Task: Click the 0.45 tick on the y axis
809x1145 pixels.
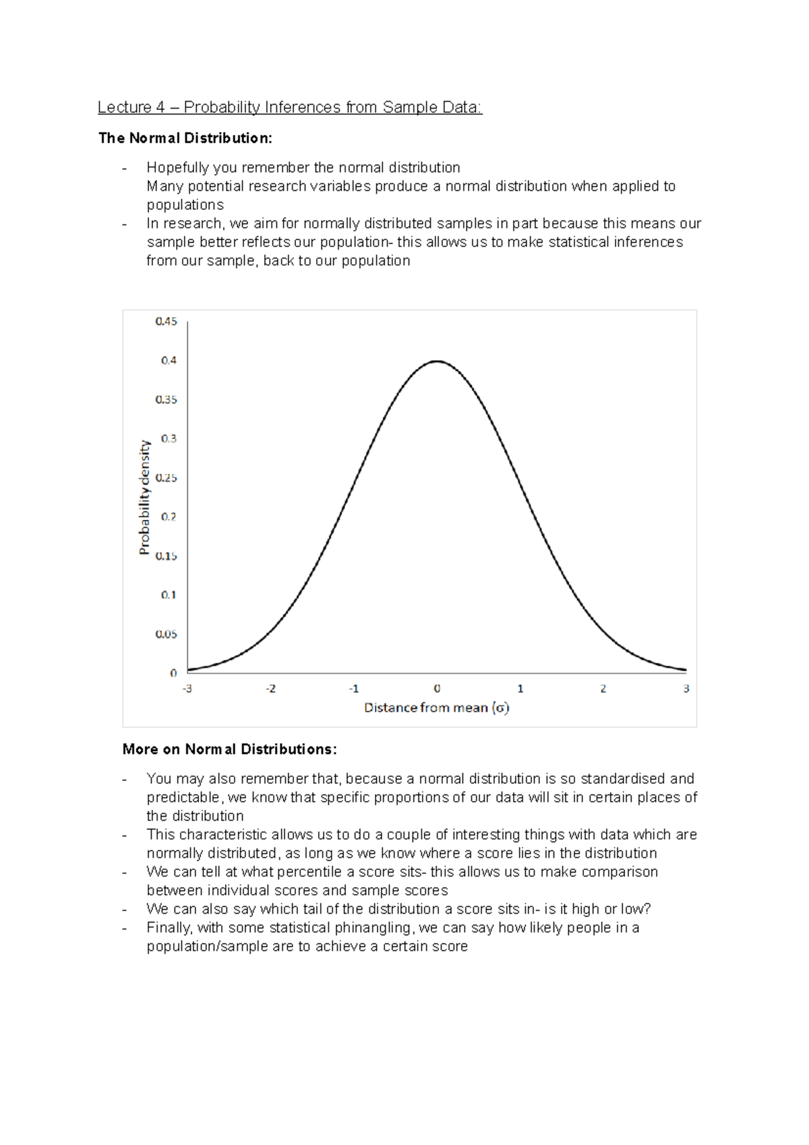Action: coord(166,322)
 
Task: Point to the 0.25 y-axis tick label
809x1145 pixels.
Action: coord(166,478)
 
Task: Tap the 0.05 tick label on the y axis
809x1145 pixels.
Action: coord(166,635)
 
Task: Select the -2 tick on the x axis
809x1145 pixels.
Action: coord(270,689)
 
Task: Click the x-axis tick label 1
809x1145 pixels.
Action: coord(520,689)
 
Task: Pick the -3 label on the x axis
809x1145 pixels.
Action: coord(187,689)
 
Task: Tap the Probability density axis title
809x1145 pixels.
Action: coord(144,497)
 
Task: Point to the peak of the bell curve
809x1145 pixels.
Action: coord(437,361)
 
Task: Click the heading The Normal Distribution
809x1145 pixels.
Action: coord(185,138)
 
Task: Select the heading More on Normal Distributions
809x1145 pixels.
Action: coord(229,750)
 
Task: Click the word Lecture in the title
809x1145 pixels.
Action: coord(124,107)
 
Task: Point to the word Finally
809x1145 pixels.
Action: coord(169,928)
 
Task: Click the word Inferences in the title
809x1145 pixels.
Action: coord(303,107)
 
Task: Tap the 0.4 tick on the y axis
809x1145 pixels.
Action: coord(169,361)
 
